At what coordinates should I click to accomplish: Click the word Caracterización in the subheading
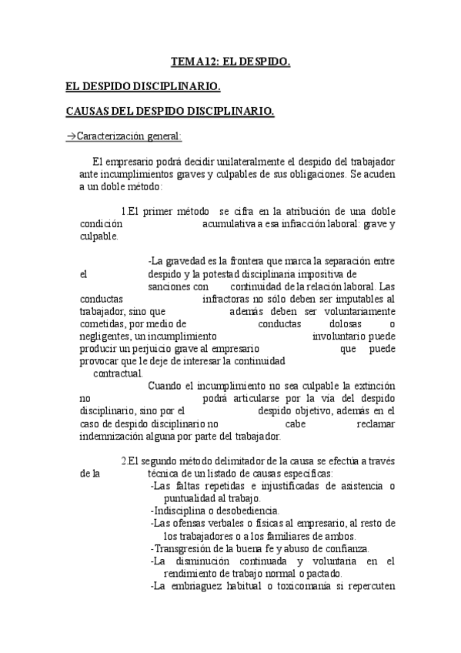[x=111, y=137]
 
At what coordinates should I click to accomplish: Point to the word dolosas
[x=321, y=323]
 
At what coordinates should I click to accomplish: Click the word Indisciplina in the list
[x=179, y=511]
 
